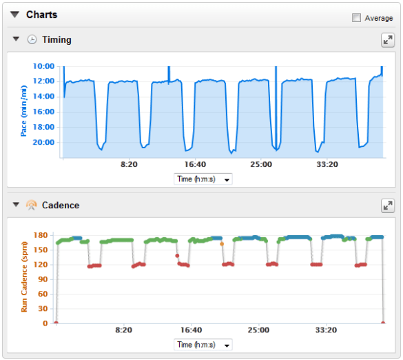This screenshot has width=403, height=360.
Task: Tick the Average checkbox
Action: [x=356, y=18]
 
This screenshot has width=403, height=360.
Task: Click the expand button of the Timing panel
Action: [x=388, y=40]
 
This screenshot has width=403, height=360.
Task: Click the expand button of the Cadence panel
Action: [x=388, y=206]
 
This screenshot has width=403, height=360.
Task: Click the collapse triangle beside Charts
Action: [x=14, y=14]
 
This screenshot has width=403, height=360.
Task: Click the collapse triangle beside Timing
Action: [x=17, y=39]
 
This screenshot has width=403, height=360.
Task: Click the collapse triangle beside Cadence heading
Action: [x=17, y=205]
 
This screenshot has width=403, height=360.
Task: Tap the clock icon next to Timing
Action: [x=32, y=40]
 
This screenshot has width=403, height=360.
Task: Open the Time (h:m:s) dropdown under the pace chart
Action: [x=203, y=179]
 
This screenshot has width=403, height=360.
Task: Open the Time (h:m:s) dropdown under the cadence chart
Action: [x=203, y=345]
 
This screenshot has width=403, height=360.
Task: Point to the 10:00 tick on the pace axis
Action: [x=43, y=66]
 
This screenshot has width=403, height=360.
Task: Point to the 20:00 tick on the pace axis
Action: [x=43, y=142]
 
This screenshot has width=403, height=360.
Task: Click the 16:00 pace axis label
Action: [x=43, y=112]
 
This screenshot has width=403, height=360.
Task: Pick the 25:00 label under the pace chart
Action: [x=261, y=165]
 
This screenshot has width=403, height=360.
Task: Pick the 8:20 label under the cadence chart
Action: [x=123, y=330]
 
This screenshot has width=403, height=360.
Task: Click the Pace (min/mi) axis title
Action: [x=23, y=110]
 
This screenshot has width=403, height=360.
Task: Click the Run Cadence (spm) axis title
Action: [x=23, y=276]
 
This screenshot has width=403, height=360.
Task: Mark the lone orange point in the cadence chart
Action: [x=222, y=243]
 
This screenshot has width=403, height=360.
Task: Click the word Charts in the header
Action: [x=42, y=14]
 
